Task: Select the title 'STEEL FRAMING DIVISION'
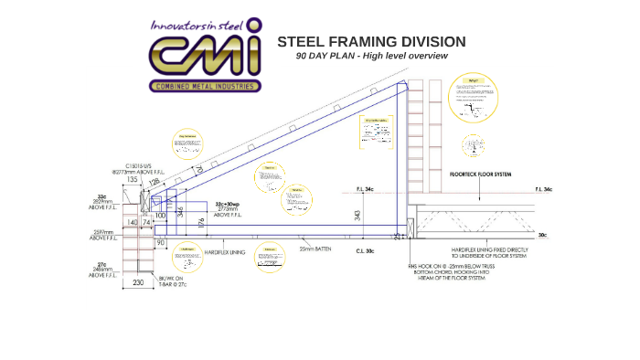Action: pyautogui.click(x=371, y=42)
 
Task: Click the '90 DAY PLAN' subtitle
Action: pyautogui.click(x=371, y=56)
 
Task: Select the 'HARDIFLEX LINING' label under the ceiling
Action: pyautogui.click(x=224, y=250)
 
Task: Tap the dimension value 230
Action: pyautogui.click(x=138, y=283)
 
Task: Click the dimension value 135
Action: pyautogui.click(x=132, y=180)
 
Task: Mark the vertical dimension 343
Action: pyautogui.click(x=357, y=215)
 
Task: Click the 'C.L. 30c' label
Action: pyautogui.click(x=365, y=249)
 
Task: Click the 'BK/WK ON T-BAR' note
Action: pyautogui.click(x=172, y=281)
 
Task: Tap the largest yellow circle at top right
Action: pyautogui.click(x=475, y=99)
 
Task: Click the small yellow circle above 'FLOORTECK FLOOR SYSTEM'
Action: pyautogui.click(x=473, y=146)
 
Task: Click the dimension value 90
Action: pyautogui.click(x=160, y=243)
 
